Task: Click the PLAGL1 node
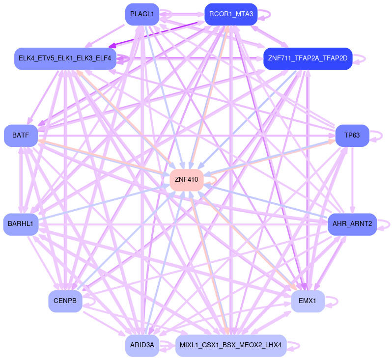pyautogui.click(x=142, y=14)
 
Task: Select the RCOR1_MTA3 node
pyautogui.click(x=231, y=14)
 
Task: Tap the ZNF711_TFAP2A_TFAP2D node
pyautogui.click(x=308, y=58)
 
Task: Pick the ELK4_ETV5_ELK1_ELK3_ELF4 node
pyautogui.click(x=65, y=58)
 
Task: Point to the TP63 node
pyautogui.click(x=352, y=135)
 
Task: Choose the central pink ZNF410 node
pyautogui.click(x=186, y=180)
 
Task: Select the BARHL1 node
pyautogui.click(x=21, y=224)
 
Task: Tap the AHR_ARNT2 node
pyautogui.click(x=352, y=224)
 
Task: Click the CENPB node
pyautogui.click(x=65, y=301)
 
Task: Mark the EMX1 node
pyautogui.click(x=308, y=301)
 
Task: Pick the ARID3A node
pyautogui.click(x=142, y=345)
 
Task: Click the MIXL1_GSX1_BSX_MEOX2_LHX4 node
pyautogui.click(x=231, y=345)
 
